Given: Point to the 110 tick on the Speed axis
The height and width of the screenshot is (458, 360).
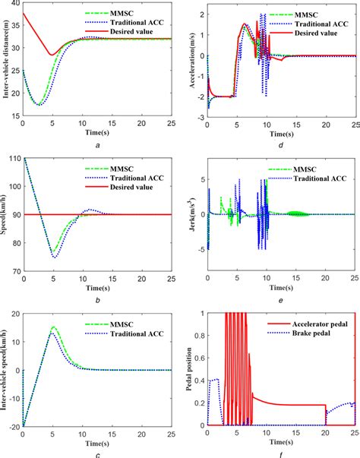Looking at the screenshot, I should coord(14,158).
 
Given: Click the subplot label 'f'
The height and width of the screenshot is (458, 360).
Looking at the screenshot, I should coord(282,453).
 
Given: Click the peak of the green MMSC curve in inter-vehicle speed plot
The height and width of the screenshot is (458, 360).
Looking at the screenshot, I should coord(52,327).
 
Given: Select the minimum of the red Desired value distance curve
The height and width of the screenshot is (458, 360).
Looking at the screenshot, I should coord(52,55).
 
